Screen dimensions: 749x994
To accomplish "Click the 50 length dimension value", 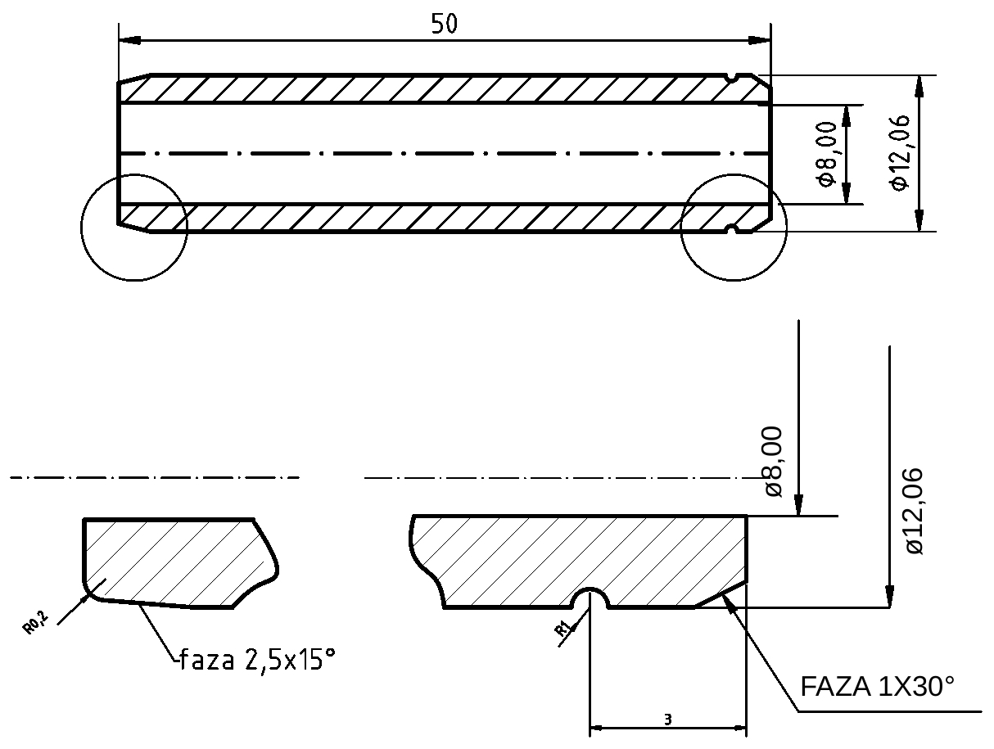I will point(445,24).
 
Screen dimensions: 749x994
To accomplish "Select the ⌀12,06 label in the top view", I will point(898,153).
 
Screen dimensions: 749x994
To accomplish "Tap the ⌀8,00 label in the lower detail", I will point(773,461).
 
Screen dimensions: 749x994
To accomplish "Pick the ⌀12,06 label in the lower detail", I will point(914,512).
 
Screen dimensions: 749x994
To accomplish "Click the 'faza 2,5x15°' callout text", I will point(257,659).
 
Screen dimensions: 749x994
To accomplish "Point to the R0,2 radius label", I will point(35,623).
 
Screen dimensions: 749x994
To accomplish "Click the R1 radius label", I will point(563,629).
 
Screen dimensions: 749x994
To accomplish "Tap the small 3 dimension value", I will point(668,720).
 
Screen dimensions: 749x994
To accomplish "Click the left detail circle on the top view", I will point(134,228).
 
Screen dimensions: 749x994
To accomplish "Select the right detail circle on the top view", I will point(734,227).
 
